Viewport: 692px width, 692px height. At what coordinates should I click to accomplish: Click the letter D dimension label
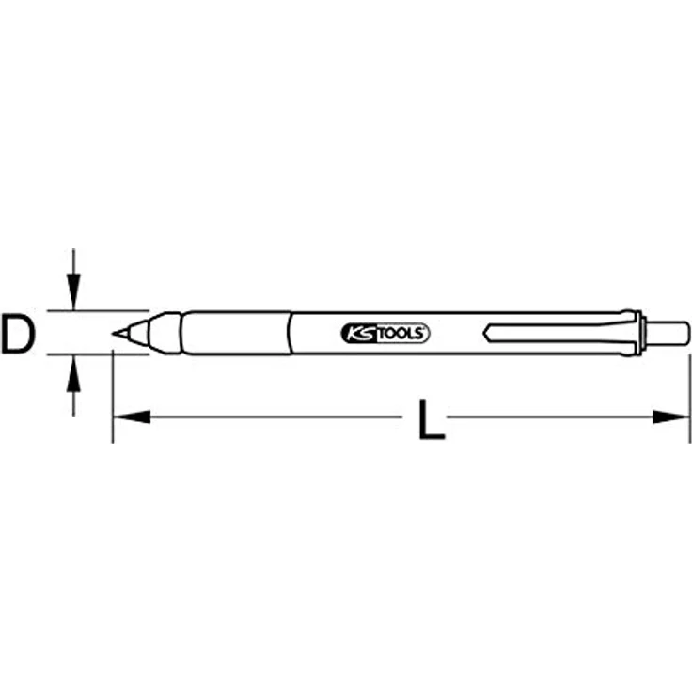click(x=19, y=336)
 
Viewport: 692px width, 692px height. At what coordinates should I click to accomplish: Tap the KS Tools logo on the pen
click(x=383, y=334)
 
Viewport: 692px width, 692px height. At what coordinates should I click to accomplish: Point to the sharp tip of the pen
click(x=116, y=333)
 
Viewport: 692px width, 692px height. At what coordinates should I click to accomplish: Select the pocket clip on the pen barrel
click(x=555, y=333)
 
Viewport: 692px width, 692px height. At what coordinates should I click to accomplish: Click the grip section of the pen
click(x=235, y=333)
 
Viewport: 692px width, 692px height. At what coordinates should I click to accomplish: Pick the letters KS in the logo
click(x=358, y=334)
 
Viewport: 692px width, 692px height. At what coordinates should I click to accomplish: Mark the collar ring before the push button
click(x=640, y=333)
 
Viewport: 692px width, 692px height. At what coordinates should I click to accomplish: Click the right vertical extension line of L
click(x=691, y=395)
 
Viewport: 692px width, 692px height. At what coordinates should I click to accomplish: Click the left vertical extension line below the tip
click(x=112, y=395)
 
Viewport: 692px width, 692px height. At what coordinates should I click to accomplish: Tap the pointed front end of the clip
click(x=485, y=333)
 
